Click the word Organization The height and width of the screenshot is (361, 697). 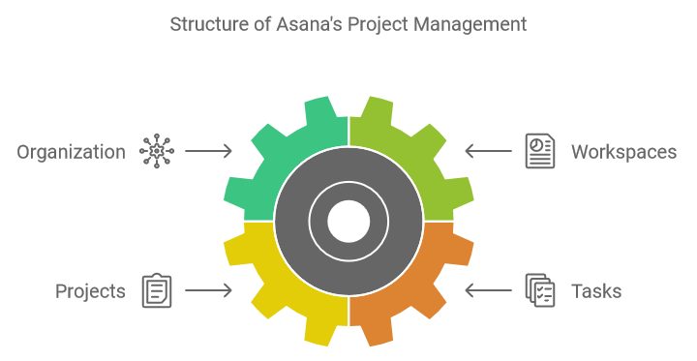point(71,152)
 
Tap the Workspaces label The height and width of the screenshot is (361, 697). point(622,152)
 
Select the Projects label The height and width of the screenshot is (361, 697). point(90,291)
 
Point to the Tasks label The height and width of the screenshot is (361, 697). point(595,291)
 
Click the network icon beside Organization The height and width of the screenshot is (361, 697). point(156,151)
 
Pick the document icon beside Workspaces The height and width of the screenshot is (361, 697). point(540,151)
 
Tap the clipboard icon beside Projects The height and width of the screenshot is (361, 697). point(156,290)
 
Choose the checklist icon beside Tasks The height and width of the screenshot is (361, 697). point(540,290)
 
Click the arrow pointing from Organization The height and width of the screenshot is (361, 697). point(208,151)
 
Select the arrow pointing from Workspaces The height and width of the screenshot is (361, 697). point(488,151)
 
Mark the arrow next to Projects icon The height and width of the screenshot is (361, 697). point(208,290)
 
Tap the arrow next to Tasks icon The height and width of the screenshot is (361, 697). point(488,290)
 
